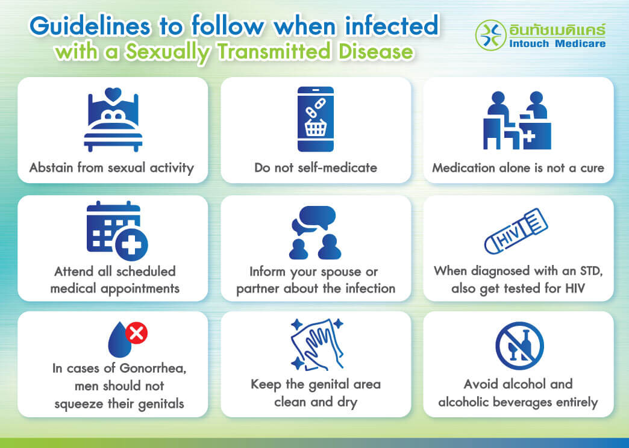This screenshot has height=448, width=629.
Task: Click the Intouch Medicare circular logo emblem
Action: tap(491, 35)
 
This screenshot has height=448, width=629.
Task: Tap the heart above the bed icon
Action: tap(113, 94)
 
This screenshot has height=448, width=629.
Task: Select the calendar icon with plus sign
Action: tap(116, 230)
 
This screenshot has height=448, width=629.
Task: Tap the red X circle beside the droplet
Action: tap(137, 333)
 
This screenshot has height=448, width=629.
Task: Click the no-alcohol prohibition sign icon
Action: tap(519, 345)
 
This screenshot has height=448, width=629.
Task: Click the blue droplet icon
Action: tap(118, 340)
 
